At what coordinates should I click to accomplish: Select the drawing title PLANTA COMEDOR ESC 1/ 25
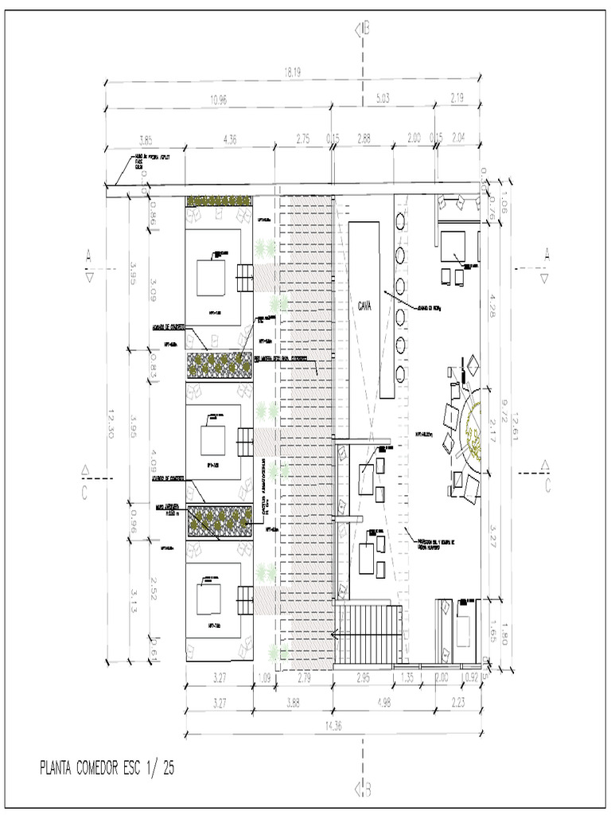[x=107, y=769]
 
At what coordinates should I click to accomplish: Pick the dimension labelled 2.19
[x=457, y=99]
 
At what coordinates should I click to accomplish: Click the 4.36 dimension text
[x=230, y=138]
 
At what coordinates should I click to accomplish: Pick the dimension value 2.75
[x=303, y=138]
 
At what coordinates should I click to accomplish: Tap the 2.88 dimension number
[x=364, y=138]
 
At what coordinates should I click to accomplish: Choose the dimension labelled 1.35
[x=406, y=678]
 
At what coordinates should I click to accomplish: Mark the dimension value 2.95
[x=363, y=678]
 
